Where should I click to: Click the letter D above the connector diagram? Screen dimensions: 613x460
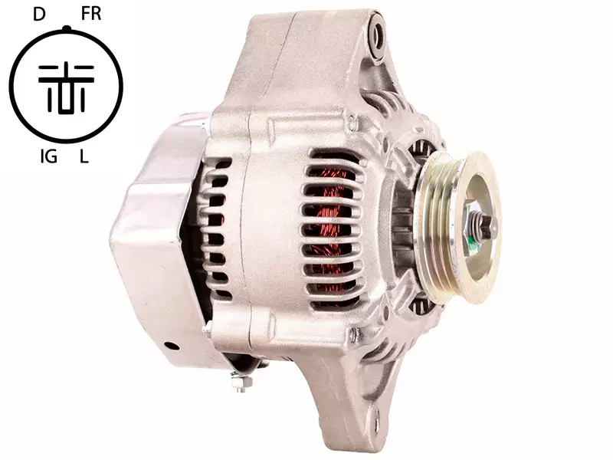click(x=39, y=15)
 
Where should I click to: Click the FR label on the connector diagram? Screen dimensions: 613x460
click(x=91, y=14)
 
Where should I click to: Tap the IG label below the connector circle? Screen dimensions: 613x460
click(x=49, y=157)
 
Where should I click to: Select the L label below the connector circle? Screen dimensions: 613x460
click(x=84, y=157)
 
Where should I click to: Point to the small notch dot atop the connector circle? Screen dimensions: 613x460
click(x=67, y=28)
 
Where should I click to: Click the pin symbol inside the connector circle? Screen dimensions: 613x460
click(x=66, y=89)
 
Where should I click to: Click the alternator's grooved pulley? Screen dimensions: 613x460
click(x=458, y=227)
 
